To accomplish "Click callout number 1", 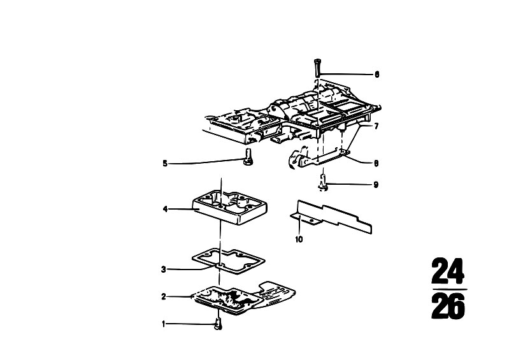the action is (x=164, y=324).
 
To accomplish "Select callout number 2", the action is (x=164, y=297).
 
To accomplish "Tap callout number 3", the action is (x=164, y=270).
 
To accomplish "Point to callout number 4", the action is (x=165, y=210).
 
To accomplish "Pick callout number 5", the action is (x=165, y=164).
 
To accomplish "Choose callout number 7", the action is (x=376, y=126).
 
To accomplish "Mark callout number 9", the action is (x=376, y=185).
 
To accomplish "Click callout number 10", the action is (x=299, y=239).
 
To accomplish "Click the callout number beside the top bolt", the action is (x=376, y=75).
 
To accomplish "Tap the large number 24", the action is (x=448, y=271).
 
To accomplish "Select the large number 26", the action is (x=448, y=305).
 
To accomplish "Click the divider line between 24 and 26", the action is (x=450, y=289).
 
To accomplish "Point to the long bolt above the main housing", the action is (x=317, y=67).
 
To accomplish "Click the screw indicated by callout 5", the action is (x=248, y=157).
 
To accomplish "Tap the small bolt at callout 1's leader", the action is (x=219, y=324).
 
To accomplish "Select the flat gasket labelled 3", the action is (x=228, y=261).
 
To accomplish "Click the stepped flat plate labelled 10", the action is (x=331, y=216).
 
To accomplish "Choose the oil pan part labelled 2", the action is (x=243, y=298).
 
